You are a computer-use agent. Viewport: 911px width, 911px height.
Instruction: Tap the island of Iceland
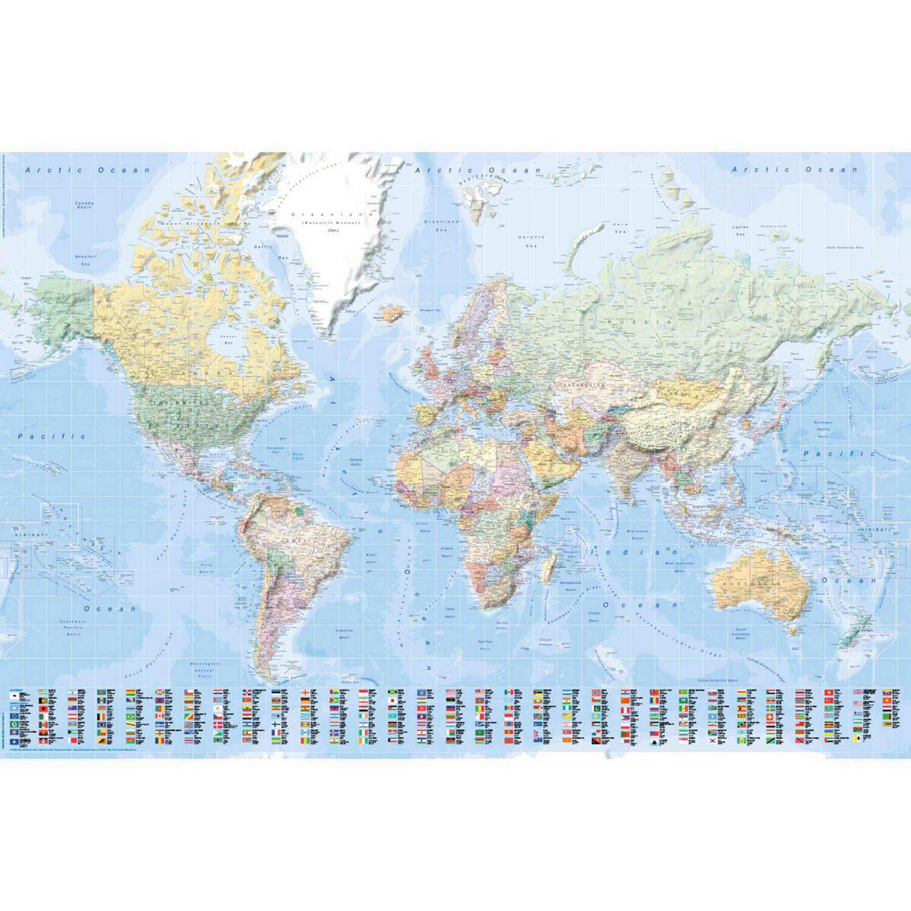point(392,313)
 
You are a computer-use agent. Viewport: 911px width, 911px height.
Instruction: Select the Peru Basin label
point(206,568)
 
